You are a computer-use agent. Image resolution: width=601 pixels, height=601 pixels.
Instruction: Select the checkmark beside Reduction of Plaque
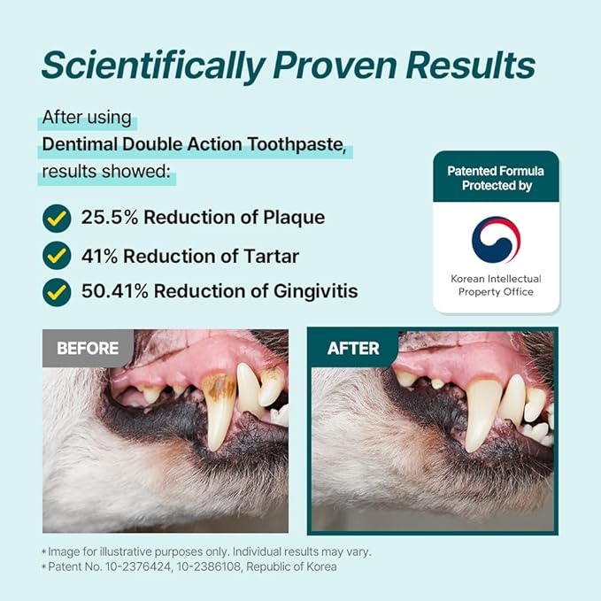(x=57, y=217)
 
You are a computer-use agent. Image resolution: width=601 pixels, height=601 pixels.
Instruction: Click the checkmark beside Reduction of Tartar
(x=57, y=256)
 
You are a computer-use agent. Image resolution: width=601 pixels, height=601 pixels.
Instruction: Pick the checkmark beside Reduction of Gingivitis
(x=57, y=290)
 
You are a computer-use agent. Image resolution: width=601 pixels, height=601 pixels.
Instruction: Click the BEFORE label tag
(x=88, y=349)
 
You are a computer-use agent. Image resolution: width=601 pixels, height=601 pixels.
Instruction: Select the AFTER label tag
(x=353, y=349)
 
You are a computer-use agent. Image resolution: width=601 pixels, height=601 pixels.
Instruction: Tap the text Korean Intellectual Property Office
(x=496, y=285)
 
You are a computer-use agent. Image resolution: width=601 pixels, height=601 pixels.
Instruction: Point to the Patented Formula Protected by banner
(x=496, y=178)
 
